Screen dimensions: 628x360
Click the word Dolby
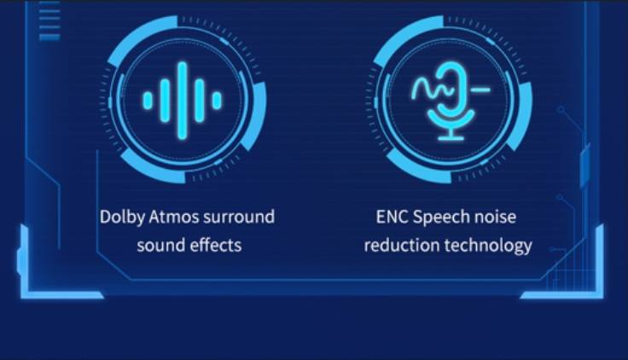122,218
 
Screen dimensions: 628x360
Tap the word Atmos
174,217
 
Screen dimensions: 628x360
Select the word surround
239,217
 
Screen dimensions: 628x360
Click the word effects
216,245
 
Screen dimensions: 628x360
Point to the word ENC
392,217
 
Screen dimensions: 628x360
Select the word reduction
402,245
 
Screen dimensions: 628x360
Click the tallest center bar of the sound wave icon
183,101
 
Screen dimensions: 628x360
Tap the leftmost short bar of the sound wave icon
148,101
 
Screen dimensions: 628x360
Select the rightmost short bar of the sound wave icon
217,101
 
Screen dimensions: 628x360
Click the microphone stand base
451,138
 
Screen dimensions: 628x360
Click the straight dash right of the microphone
480,90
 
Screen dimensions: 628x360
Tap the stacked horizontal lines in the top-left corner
49,20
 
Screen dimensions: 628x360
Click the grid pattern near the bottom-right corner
566,269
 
